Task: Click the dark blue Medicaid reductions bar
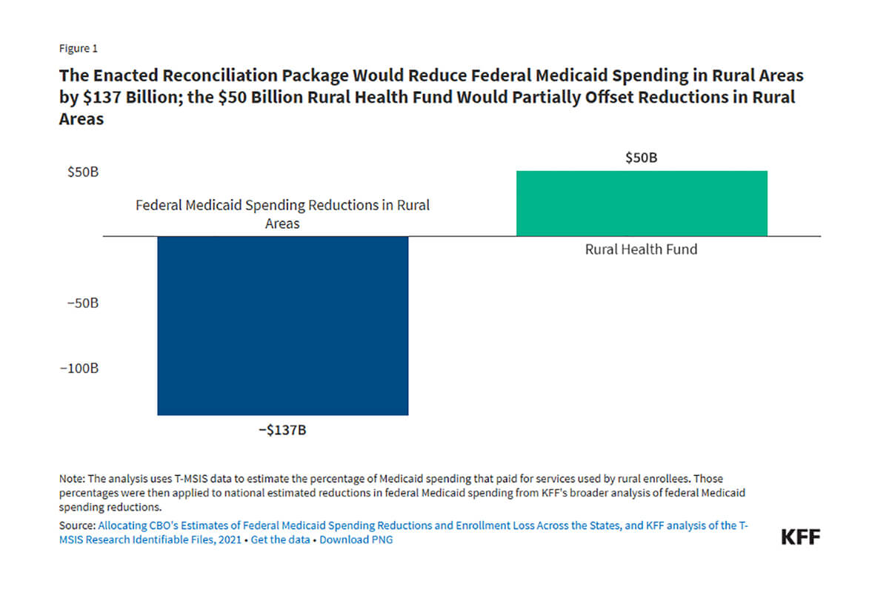tap(282, 326)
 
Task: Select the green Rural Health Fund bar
tap(642, 203)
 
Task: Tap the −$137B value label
tap(282, 430)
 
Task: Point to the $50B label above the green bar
tap(642, 158)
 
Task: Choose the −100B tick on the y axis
tap(79, 369)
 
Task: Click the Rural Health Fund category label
tap(642, 249)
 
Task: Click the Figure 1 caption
tap(78, 49)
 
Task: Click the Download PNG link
tap(356, 539)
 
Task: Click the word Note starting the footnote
tap(71, 479)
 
